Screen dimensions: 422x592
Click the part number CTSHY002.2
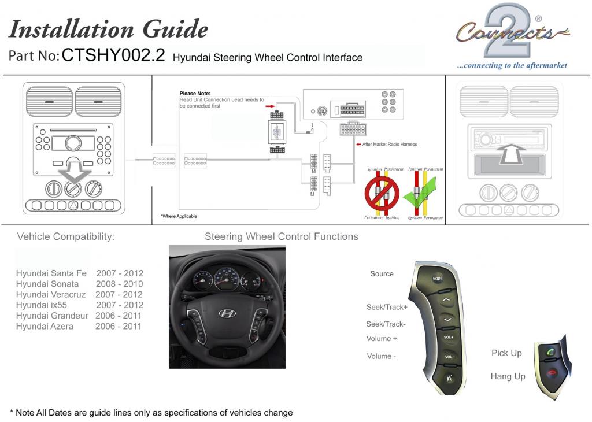click(x=113, y=56)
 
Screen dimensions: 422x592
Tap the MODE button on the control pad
click(x=438, y=279)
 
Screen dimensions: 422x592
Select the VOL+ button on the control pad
click(x=448, y=337)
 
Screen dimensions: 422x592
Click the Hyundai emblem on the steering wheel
click(x=227, y=313)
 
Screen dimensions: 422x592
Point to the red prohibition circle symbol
click(x=381, y=194)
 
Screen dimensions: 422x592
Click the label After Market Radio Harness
click(x=389, y=144)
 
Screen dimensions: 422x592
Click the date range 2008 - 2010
click(x=119, y=284)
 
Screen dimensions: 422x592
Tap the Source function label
click(x=382, y=274)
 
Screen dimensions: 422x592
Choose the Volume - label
click(x=382, y=357)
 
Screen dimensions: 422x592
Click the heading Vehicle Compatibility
click(x=65, y=236)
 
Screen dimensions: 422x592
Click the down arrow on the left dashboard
click(x=73, y=172)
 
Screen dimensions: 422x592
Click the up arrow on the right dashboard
click(x=510, y=155)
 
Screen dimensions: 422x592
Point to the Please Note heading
click(x=195, y=94)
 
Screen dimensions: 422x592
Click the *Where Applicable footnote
click(x=179, y=216)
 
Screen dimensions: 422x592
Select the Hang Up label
click(x=508, y=376)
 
